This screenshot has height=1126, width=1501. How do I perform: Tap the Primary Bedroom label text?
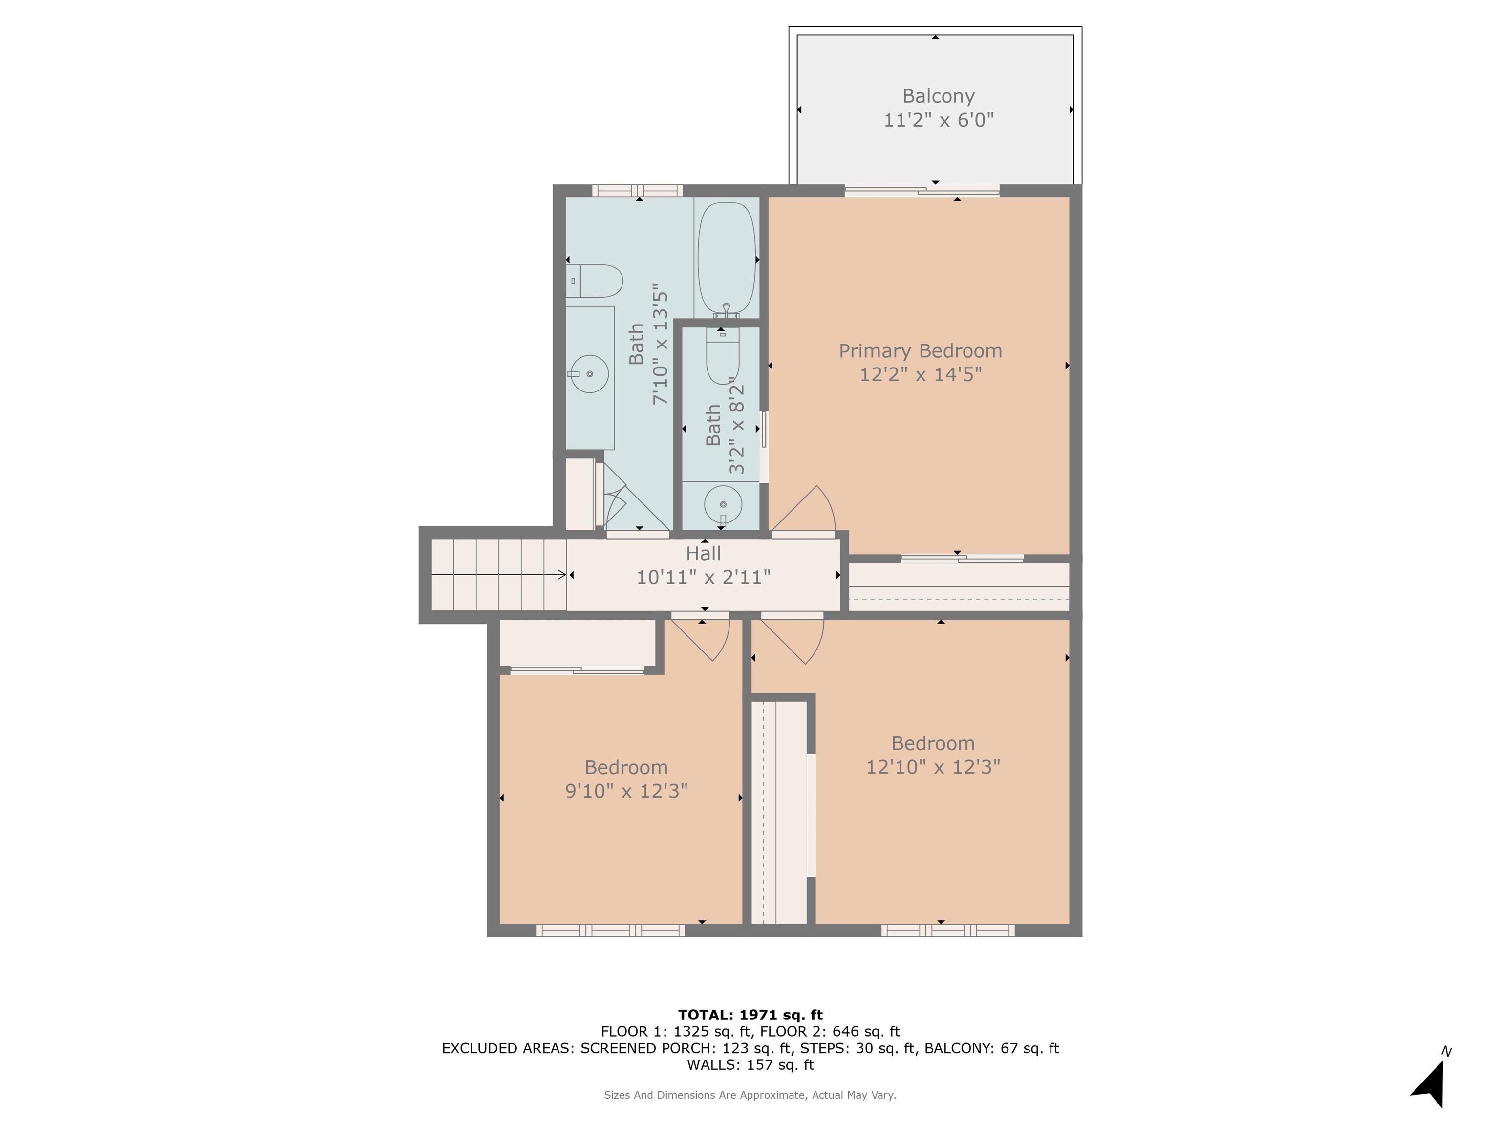[920, 351]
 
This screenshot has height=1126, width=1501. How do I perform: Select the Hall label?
[703, 553]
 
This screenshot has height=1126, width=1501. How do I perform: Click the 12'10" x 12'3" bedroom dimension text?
[933, 767]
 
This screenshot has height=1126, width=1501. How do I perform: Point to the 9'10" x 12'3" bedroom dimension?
[626, 791]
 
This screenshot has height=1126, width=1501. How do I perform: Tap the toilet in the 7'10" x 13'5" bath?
[595, 281]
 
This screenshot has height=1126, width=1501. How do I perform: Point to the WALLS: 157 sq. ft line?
[750, 1065]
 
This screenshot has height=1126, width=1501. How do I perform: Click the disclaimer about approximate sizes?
[750, 1095]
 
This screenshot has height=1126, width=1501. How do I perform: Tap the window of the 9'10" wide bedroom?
[610, 930]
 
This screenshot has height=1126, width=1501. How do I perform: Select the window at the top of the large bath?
[637, 191]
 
